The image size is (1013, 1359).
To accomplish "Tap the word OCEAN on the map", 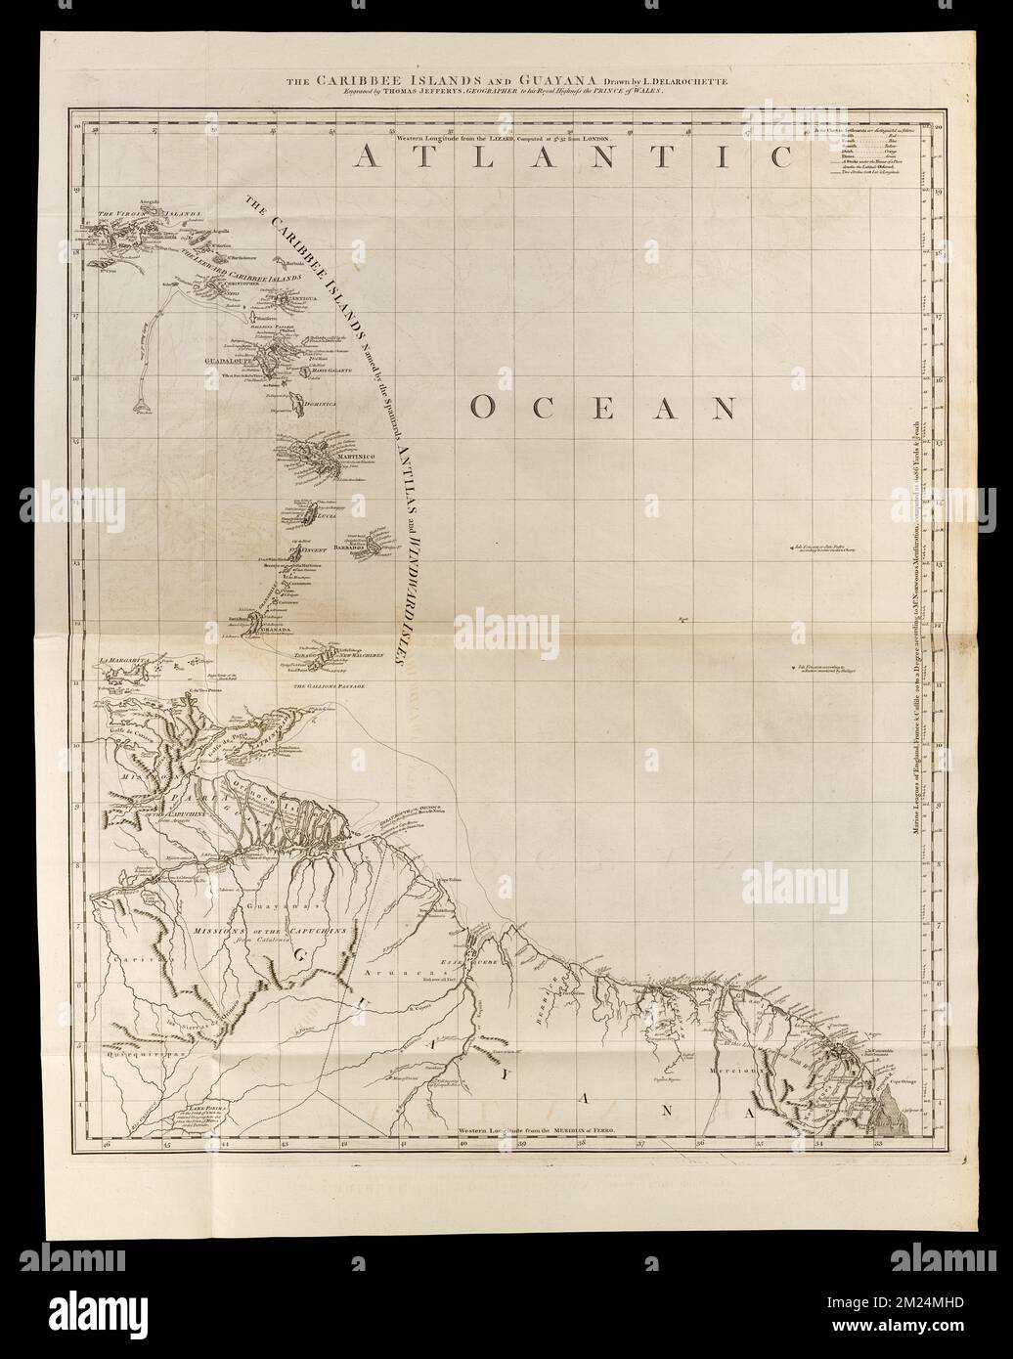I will tap(602, 407).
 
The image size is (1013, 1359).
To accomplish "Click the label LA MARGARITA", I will tap(124, 661).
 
